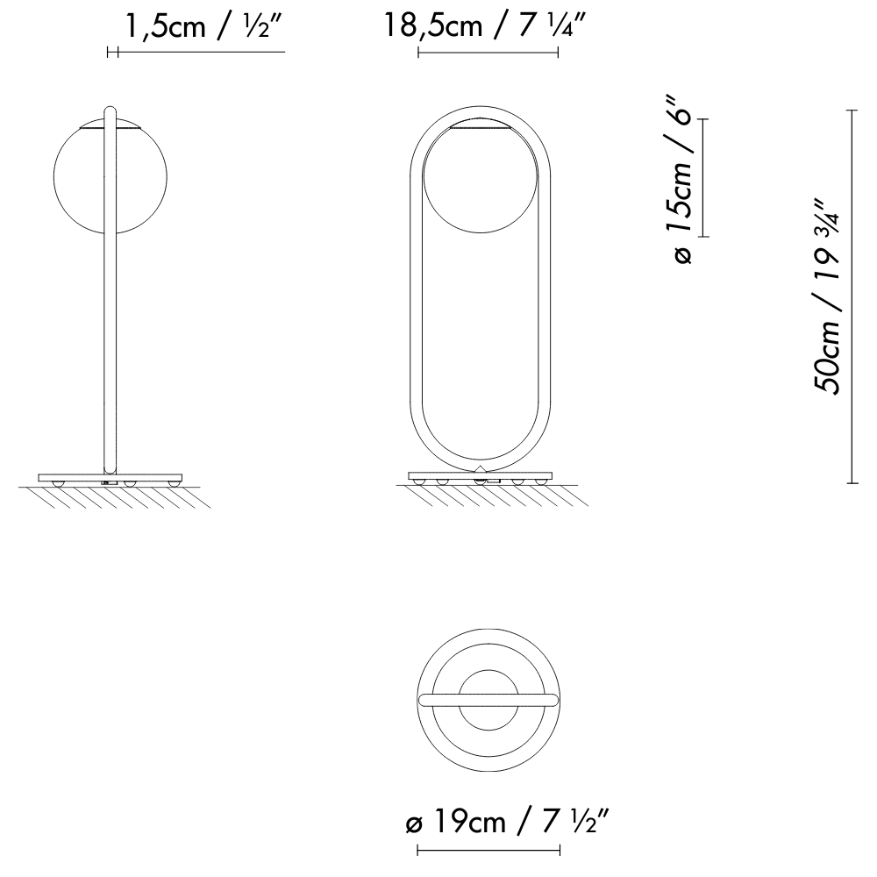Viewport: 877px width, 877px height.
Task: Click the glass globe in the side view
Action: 79,175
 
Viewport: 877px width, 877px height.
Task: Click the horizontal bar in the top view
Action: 488,699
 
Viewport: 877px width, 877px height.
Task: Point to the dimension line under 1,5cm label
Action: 197,53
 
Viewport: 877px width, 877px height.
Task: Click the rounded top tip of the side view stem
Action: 110,110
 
